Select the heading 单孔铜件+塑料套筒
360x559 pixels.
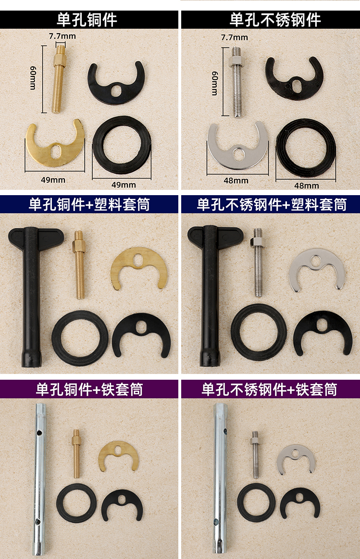click(x=89, y=205)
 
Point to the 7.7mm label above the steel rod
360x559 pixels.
click(x=235, y=37)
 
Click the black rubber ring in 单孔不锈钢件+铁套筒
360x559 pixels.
click(x=256, y=503)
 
